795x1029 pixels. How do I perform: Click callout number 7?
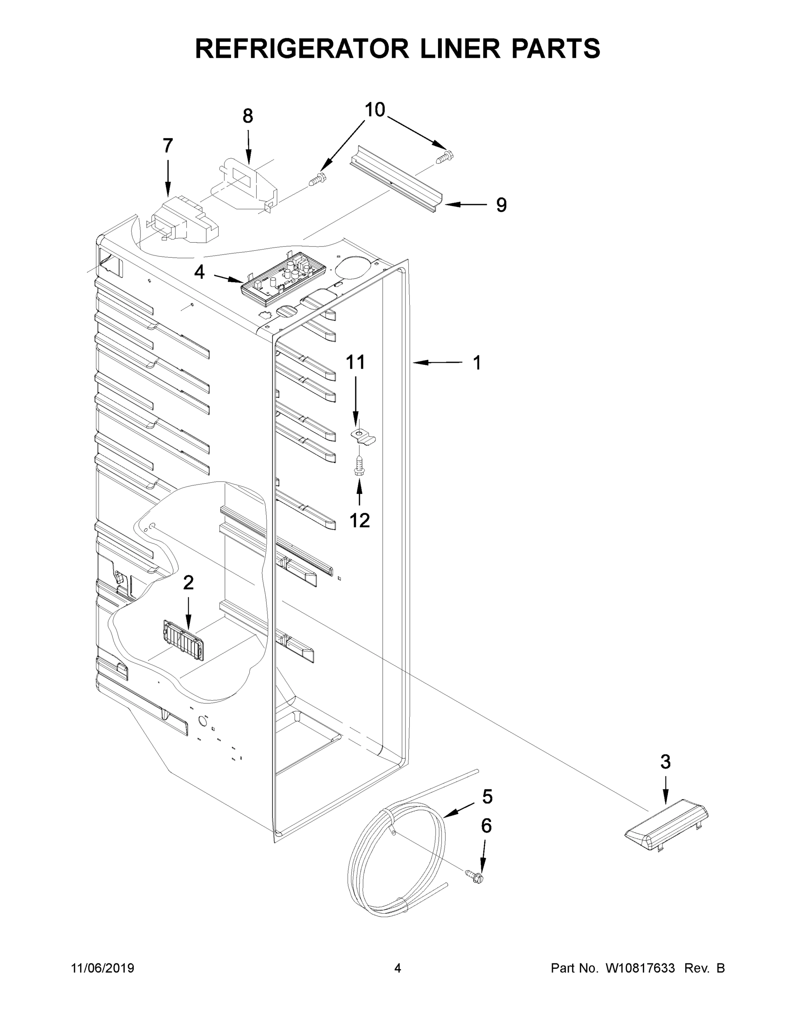(x=168, y=146)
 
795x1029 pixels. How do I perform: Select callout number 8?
(x=248, y=116)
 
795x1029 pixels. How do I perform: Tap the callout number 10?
(x=375, y=110)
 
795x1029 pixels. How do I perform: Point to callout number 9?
(x=501, y=205)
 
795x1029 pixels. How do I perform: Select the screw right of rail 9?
(x=444, y=157)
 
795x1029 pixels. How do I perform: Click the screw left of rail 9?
(x=318, y=180)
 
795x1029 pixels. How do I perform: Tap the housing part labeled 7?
(x=184, y=220)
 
